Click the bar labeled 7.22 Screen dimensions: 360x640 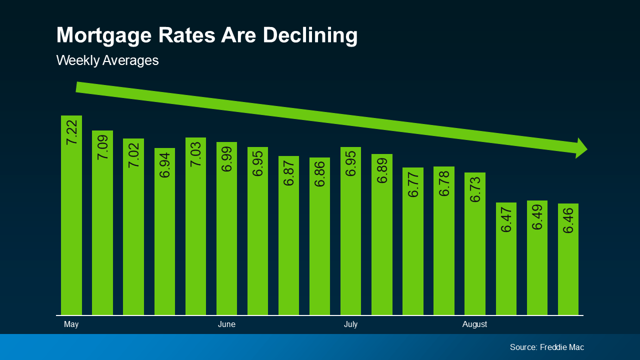coord(71,215)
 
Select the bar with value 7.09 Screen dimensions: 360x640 coord(102,222)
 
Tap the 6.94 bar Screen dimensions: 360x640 coord(164,231)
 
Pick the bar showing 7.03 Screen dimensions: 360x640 coord(195,226)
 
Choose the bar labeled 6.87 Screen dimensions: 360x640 coord(288,235)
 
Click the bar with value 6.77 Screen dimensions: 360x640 coord(413,241)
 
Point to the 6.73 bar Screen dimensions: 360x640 coord(475,243)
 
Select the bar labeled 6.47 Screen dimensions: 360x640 coord(506,258)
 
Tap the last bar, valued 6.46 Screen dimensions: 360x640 coord(568,259)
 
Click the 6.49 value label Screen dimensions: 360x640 coord(537,217)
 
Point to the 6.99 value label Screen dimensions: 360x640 coord(226,159)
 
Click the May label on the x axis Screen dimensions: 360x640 coord(71,324)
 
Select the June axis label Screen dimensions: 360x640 coord(226,324)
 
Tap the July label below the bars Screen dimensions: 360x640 coord(350,324)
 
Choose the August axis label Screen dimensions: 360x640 coord(474,324)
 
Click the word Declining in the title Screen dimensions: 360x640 coord(310,35)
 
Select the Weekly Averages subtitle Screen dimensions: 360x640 coord(107,60)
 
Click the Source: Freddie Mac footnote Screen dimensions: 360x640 coord(546,347)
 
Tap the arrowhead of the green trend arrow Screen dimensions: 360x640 coord(581,148)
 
